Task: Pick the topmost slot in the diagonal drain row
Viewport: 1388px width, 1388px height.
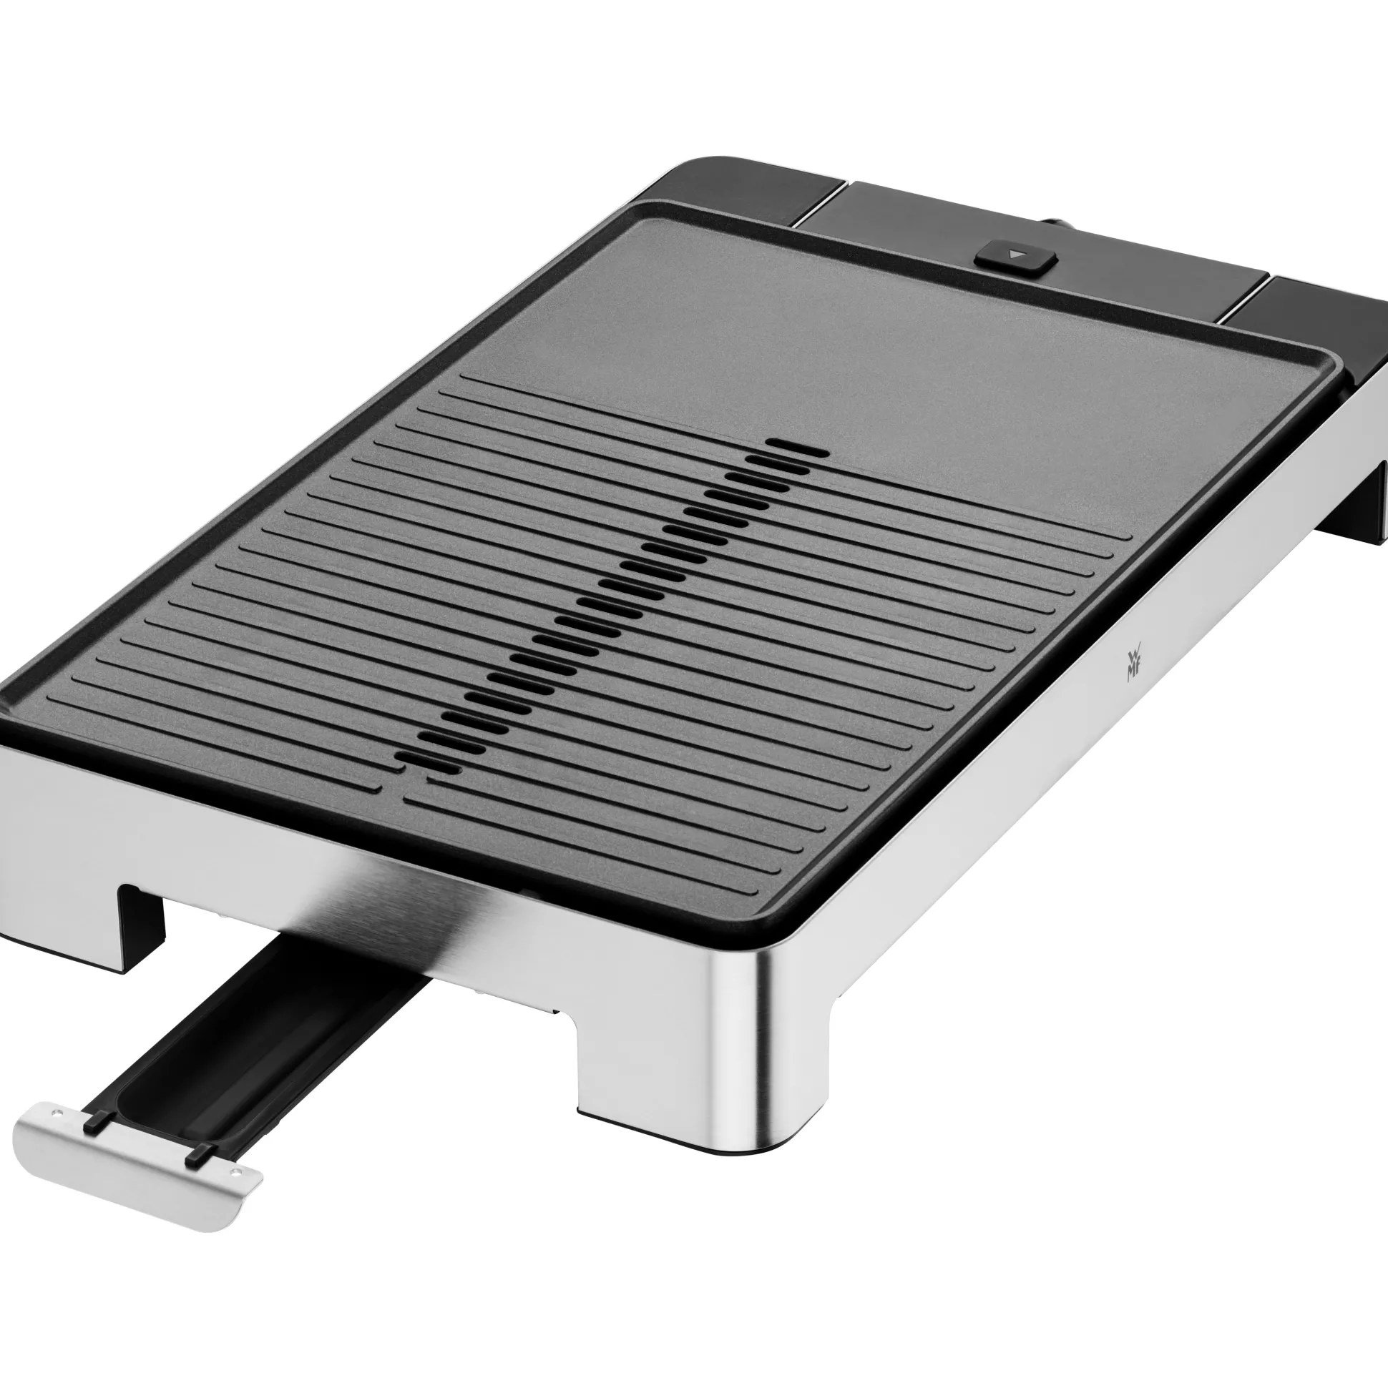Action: click(x=798, y=448)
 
